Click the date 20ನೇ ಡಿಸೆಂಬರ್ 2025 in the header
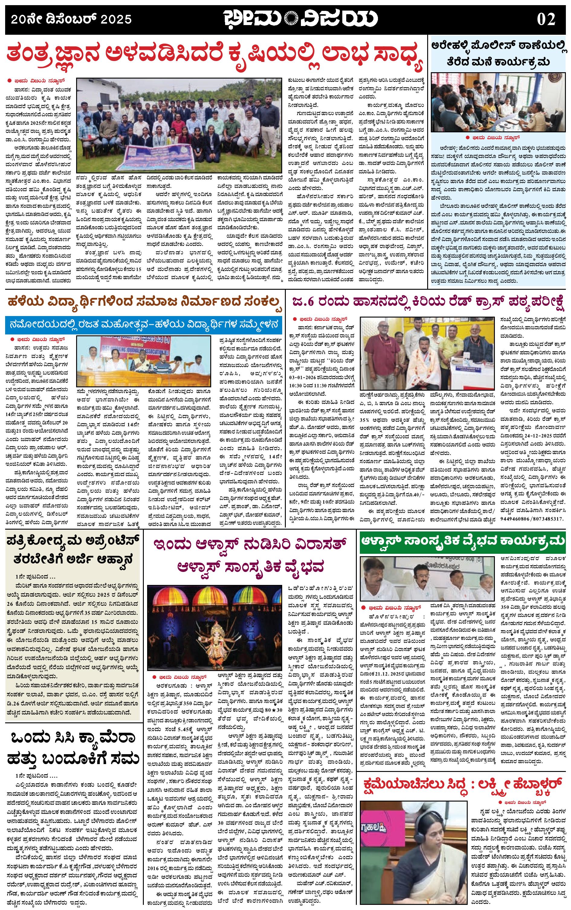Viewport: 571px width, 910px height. coord(71,19)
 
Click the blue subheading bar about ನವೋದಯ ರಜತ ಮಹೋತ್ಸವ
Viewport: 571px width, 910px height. coord(144,324)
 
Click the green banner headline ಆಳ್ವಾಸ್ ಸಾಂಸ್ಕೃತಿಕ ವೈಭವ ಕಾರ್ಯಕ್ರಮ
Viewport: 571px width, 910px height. coord(463,541)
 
